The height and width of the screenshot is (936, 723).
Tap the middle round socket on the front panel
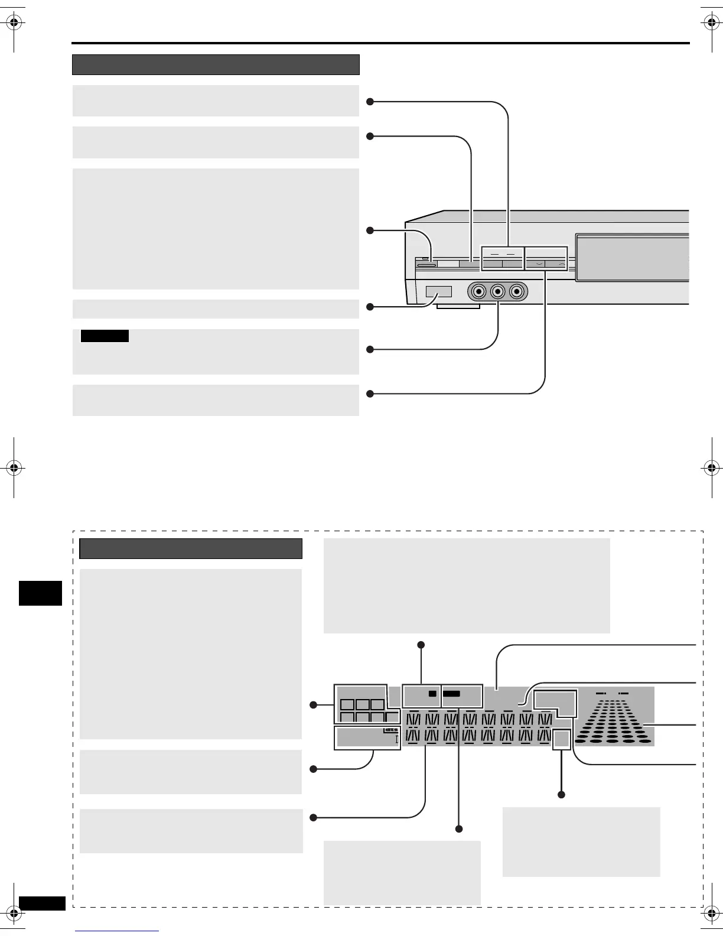498,292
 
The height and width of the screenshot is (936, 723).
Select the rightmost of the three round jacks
518,292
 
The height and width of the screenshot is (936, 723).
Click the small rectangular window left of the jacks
438,292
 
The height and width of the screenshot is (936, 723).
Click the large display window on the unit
631,257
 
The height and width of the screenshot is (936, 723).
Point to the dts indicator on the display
392,730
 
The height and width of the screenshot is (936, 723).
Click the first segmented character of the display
413,720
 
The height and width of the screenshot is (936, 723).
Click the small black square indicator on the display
432,694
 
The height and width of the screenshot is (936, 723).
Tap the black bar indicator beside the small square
452,694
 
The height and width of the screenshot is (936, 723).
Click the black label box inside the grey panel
105,336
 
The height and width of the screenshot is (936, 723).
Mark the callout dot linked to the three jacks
370,349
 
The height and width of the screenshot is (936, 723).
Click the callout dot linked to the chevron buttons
370,394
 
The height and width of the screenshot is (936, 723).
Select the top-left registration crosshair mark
15,23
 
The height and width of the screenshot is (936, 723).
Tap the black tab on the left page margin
40,593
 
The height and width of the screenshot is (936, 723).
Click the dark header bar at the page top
216,64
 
